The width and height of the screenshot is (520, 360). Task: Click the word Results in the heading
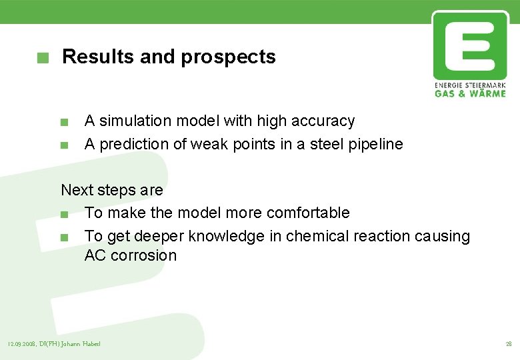coord(98,57)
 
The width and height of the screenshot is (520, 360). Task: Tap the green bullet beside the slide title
coord(43,58)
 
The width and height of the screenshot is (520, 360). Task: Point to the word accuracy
coord(323,121)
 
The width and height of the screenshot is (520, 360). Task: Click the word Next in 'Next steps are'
coord(77,190)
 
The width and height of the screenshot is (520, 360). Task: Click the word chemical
coord(315,236)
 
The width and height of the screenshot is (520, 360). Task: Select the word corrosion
coord(143,255)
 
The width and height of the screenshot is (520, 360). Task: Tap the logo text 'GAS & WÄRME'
coord(470,93)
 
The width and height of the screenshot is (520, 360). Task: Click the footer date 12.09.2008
coord(21,344)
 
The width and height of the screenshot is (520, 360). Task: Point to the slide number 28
coord(508,344)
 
